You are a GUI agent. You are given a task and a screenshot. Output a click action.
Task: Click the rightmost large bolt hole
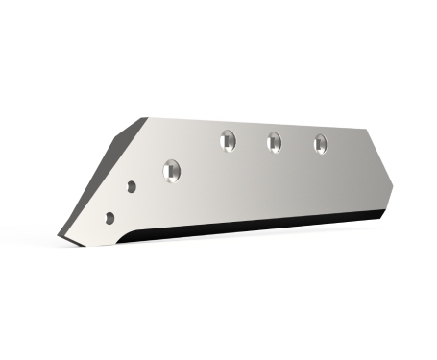pos(320,144)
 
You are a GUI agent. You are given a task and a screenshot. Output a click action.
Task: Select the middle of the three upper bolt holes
pos(274,142)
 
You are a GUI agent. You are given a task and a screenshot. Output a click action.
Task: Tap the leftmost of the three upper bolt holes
pos(228,140)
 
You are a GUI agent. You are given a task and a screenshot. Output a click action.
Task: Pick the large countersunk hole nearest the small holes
pos(172,170)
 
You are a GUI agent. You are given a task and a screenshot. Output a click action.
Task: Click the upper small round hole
pos(132,186)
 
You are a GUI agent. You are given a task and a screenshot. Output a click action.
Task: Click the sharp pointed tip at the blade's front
pos(61,236)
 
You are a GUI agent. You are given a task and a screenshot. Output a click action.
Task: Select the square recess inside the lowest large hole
pos(172,171)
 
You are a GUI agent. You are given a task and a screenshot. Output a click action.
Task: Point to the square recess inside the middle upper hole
pos(274,143)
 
